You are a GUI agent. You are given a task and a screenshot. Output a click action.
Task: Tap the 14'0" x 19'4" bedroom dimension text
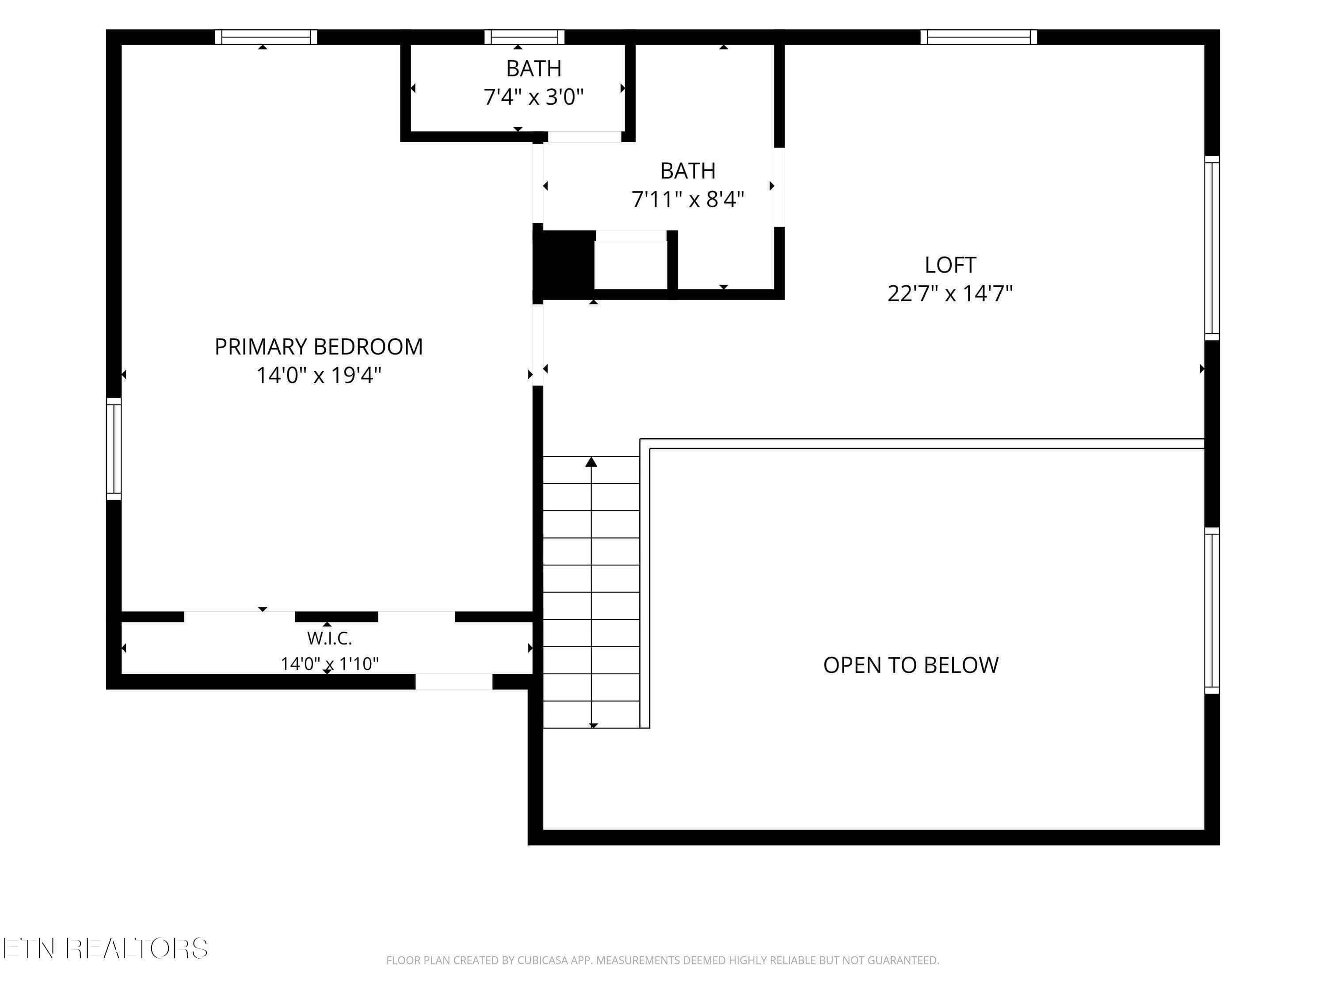pyautogui.click(x=319, y=376)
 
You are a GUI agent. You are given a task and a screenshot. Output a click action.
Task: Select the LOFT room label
pyautogui.click(x=950, y=265)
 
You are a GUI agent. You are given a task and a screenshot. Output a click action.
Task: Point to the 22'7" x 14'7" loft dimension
pyautogui.click(x=950, y=294)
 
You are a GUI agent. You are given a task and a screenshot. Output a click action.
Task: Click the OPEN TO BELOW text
pyautogui.click(x=911, y=665)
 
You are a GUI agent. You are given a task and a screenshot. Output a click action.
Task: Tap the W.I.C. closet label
pyautogui.click(x=329, y=639)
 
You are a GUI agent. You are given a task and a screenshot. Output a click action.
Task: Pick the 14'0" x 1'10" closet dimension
pyautogui.click(x=330, y=664)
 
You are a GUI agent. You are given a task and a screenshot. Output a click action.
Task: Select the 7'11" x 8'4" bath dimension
pyautogui.click(x=688, y=199)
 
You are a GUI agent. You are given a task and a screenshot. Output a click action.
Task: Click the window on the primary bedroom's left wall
pyautogui.click(x=114, y=449)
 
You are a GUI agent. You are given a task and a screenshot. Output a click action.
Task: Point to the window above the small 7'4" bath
pyautogui.click(x=525, y=37)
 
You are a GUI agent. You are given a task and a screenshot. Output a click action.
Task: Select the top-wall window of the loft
pyautogui.click(x=979, y=37)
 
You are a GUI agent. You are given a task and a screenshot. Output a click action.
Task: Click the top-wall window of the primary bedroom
pyautogui.click(x=266, y=37)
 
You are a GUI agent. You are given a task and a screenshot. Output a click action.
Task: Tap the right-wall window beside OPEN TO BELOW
pyautogui.click(x=1212, y=611)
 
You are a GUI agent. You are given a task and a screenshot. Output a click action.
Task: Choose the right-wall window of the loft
pyautogui.click(x=1212, y=248)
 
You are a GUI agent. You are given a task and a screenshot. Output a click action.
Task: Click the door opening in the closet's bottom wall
pyautogui.click(x=454, y=682)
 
